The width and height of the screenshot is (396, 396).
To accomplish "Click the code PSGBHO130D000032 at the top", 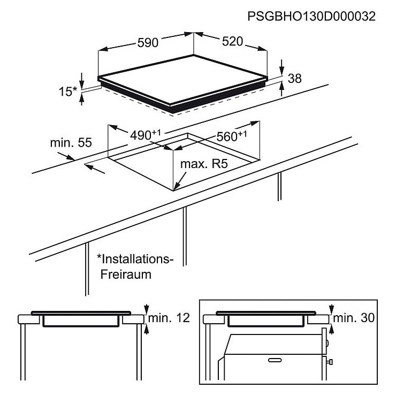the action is (x=311, y=17).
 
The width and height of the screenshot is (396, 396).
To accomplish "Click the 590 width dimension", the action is (x=148, y=42).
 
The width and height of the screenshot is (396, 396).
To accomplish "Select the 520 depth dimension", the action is (x=232, y=41).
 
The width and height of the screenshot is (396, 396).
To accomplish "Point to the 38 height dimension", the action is (x=294, y=78).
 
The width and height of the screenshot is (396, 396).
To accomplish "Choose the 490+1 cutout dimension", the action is (x=145, y=135).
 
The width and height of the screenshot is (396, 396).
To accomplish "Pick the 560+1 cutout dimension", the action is (x=232, y=136).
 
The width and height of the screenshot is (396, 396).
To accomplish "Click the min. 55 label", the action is (x=71, y=143).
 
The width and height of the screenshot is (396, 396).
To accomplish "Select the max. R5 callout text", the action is (x=204, y=164).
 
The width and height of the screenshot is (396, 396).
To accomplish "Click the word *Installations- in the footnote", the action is (x=135, y=259).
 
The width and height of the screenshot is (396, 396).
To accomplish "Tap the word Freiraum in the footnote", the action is (x=126, y=275).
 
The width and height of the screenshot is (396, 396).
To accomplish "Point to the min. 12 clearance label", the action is (x=169, y=318).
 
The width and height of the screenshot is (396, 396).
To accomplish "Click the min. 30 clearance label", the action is (x=354, y=318).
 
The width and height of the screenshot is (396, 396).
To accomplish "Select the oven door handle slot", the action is (x=275, y=360).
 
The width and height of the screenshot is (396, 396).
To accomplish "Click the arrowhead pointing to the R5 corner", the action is (x=176, y=186).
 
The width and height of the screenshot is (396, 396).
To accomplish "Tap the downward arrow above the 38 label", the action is (x=282, y=67).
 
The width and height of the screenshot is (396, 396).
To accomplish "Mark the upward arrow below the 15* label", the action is (x=81, y=99).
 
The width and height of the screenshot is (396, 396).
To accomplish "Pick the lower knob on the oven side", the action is (x=330, y=362).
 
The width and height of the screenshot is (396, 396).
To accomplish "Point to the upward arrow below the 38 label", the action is (x=282, y=89).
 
